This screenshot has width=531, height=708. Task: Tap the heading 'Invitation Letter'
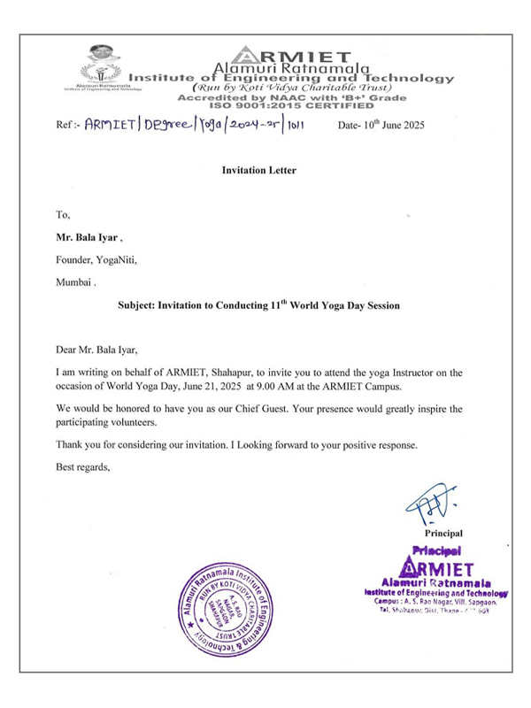258,170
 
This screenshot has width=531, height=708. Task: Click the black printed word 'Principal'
442,535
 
